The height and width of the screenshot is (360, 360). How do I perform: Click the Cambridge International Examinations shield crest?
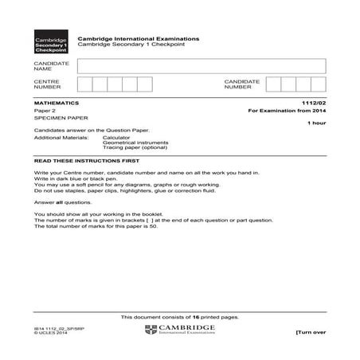(151, 331)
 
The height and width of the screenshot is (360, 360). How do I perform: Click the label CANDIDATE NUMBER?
(242, 84)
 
